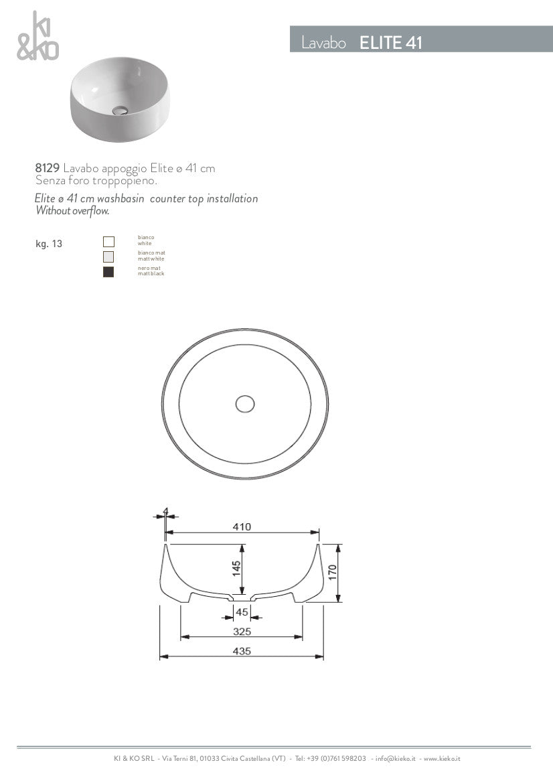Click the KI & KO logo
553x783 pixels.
37,38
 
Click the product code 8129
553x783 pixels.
48,168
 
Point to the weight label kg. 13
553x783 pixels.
49,244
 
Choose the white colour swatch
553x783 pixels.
108,242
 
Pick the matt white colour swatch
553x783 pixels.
108,257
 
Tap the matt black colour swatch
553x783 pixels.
108,272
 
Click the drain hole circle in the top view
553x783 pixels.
245,403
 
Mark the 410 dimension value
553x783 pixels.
242,527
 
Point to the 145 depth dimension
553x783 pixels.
236,569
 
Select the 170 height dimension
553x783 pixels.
333,572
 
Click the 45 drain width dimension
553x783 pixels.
242,612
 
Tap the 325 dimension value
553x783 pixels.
242,632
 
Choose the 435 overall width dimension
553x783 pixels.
242,652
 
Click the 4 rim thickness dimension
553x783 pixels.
165,512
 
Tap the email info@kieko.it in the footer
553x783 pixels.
396,759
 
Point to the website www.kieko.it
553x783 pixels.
442,759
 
